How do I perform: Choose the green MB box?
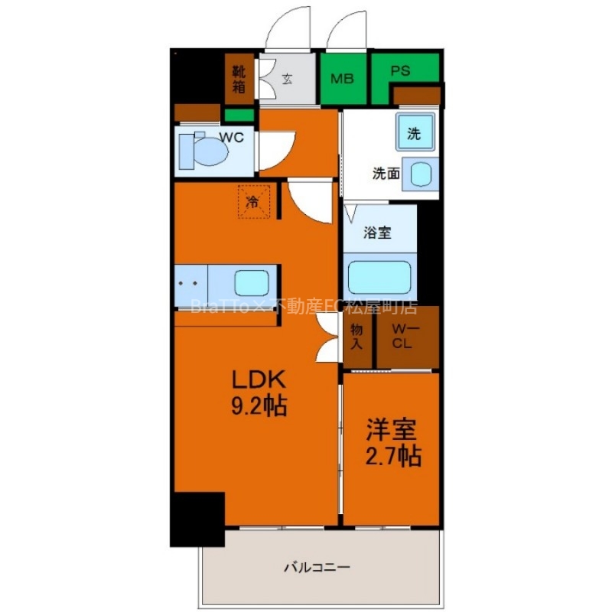[342, 79]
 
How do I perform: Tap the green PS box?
[402, 71]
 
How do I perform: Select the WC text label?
[232, 138]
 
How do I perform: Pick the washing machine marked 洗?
[415, 132]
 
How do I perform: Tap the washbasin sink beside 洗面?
[419, 174]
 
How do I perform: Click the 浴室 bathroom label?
[378, 232]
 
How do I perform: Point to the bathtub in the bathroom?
[379, 278]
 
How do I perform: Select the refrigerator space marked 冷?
[254, 202]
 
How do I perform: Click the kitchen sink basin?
[252, 284]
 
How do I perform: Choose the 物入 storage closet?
[357, 337]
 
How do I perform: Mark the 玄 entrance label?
[287, 77]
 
